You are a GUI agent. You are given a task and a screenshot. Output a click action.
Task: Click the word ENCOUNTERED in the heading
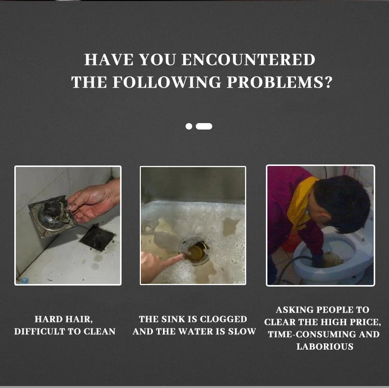pos(248,60)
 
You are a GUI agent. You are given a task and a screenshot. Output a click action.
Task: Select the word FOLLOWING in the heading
pos(167,82)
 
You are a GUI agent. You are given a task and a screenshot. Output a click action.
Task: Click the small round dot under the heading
pos(189,126)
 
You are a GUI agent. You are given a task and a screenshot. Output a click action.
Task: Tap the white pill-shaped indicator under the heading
pos(204,126)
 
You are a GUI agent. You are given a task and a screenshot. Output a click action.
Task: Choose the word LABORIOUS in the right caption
pos(325,347)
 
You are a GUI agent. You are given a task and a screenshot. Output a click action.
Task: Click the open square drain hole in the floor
pos(97,238)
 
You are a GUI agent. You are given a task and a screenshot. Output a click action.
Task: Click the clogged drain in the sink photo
pos(196,251)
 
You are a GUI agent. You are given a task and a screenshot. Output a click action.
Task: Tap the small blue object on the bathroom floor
pos(24,281)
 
